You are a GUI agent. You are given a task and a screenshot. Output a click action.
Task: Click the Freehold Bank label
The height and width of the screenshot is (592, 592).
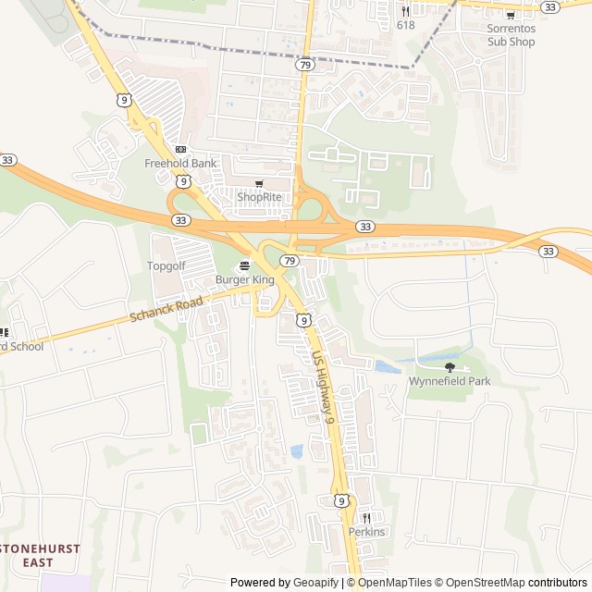point(180,164)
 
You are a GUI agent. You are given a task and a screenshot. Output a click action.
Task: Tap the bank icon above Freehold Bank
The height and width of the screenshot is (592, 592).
point(180,149)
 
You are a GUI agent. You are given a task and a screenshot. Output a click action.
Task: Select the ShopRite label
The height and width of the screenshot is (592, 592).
point(259,197)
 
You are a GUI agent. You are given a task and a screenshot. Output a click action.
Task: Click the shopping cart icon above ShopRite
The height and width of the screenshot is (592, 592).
point(259,183)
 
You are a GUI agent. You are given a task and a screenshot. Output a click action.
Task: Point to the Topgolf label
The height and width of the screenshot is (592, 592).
point(167,265)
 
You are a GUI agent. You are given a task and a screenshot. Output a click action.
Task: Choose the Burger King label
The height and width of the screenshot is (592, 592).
point(245,279)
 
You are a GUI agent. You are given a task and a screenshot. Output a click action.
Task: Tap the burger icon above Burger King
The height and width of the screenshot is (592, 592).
point(245,265)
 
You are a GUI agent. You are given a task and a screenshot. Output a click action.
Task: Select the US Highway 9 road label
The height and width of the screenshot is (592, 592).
point(323,385)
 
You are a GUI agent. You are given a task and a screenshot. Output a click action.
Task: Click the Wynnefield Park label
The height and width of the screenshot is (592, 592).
point(450,381)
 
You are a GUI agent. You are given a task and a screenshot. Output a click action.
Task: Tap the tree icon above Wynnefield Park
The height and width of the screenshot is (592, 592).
point(450,367)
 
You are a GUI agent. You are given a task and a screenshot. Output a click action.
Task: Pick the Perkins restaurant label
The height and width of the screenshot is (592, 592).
point(366,532)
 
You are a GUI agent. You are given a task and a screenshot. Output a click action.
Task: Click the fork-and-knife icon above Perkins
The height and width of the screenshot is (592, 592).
point(366,518)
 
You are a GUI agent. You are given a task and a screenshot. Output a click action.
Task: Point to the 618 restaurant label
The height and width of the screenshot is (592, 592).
point(405,25)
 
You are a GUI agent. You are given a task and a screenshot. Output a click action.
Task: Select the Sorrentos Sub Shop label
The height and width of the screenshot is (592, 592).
point(511,35)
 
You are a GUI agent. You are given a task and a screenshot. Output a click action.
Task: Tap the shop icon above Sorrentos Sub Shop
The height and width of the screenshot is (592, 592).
point(511,14)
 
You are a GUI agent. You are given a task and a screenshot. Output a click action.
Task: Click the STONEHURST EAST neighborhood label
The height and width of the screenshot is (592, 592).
point(40,555)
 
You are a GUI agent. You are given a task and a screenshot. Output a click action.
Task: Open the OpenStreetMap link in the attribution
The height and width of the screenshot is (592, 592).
point(480,583)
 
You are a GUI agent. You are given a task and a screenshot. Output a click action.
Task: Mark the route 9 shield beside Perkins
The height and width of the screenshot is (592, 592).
point(341,500)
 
